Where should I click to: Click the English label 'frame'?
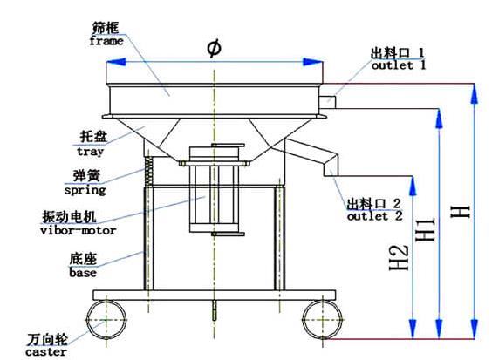coord(106,41)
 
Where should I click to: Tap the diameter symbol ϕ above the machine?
coord(215,48)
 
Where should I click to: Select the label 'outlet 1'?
coord(399,65)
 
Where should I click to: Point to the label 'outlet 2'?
coord(374,216)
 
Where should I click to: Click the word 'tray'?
coord(90,152)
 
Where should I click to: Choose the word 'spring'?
coord(85,190)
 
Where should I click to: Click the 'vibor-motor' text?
coord(79,230)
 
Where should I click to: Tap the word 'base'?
coord(83,272)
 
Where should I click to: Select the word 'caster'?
coord(46,352)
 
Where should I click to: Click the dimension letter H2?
coord(399,258)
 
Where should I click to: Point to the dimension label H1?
coord(425,229)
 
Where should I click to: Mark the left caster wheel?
coord(106,320)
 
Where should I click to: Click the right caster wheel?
coord(323,320)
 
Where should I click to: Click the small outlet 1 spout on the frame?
coord(327,101)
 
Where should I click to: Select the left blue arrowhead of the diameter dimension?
coord(116,62)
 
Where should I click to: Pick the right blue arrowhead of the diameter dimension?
coord(312,62)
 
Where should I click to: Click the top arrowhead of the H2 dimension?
coord(413,186)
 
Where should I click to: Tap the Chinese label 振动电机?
coord(69,217)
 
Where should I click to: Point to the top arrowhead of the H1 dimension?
coord(440,119)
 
